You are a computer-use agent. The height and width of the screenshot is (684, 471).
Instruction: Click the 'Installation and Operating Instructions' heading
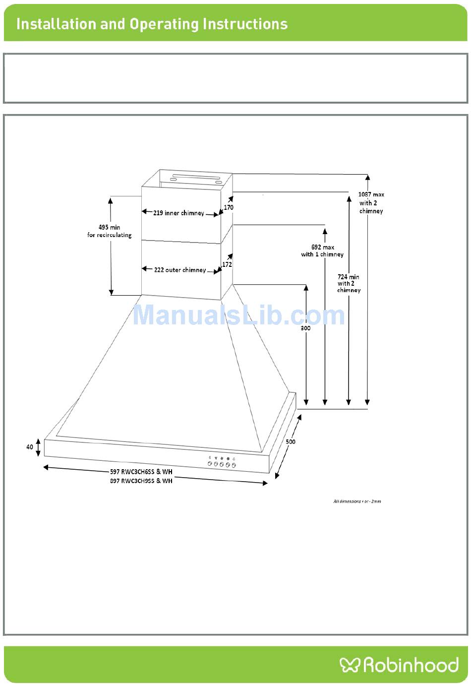[152, 24]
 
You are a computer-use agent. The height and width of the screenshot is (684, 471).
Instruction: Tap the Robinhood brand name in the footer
[411, 665]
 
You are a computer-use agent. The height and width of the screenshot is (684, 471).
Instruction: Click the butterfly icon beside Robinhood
[350, 665]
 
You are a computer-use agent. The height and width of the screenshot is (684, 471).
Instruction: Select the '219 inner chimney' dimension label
[178, 213]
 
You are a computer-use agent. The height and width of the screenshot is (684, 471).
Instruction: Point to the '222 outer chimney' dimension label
[179, 270]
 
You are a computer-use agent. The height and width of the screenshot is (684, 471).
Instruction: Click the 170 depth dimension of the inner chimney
[229, 207]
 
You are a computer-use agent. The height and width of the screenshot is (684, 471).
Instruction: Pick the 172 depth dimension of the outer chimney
[227, 264]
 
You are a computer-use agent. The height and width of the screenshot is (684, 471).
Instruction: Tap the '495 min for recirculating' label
[110, 231]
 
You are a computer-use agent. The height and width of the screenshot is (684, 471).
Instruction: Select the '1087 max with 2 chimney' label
[371, 202]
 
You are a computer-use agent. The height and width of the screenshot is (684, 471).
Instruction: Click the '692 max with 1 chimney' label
[322, 250]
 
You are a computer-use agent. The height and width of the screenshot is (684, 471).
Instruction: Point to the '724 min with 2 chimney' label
[349, 283]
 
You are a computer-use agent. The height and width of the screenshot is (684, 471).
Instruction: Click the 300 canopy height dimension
[305, 328]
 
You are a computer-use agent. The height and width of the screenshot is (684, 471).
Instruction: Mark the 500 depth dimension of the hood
[291, 441]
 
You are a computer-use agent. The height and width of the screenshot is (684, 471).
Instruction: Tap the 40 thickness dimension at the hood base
[30, 447]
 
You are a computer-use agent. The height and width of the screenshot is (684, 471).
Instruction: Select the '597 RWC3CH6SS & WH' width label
[141, 472]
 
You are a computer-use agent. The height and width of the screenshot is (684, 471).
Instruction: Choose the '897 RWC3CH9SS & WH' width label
[141, 481]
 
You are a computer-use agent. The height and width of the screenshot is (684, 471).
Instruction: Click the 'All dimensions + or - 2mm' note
[357, 501]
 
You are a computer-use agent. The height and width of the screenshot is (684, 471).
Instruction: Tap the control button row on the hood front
[222, 464]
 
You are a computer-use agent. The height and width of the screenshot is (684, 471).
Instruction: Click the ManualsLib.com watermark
[238, 315]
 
